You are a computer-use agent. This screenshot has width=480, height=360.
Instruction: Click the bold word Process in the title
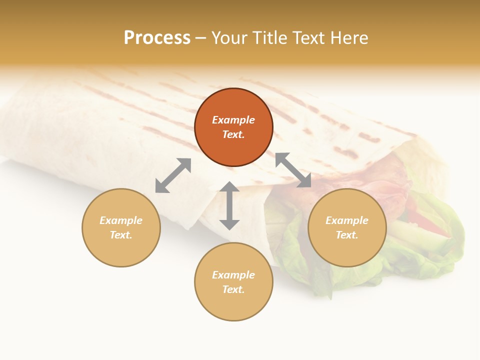(157, 38)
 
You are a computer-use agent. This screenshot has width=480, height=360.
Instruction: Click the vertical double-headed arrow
(229, 205)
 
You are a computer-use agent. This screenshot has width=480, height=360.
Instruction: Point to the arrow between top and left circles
(173, 175)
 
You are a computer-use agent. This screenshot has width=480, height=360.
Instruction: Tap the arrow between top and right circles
(293, 170)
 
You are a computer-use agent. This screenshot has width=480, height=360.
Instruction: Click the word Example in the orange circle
(233, 120)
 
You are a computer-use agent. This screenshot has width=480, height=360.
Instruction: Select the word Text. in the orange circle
(233, 134)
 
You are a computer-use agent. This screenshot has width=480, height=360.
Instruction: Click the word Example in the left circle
(121, 220)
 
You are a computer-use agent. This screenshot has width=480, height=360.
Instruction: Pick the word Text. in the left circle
(121, 235)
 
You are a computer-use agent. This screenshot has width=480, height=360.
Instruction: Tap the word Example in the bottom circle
(233, 275)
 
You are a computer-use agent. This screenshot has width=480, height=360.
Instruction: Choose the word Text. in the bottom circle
(233, 289)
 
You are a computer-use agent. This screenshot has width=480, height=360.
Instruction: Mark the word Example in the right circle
(346, 220)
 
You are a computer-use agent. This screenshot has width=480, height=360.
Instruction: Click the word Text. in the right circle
(346, 235)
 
